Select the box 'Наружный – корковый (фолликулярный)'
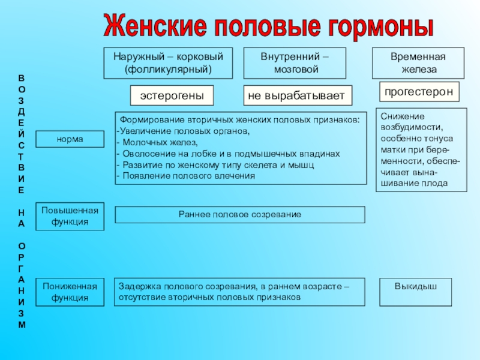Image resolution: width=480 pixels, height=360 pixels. [x=168, y=63]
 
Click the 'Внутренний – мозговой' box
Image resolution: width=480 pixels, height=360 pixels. [x=295, y=63]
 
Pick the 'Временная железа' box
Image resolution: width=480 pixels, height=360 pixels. [x=418, y=63]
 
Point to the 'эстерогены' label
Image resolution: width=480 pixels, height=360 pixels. [x=172, y=95]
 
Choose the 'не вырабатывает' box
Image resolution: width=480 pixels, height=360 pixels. [x=298, y=95]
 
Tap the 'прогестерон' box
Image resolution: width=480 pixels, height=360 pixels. [x=420, y=92]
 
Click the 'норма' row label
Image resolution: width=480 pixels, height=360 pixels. [x=70, y=139]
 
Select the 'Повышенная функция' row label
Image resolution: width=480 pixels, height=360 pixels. [x=70, y=216]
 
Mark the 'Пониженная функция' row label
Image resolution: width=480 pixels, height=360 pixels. [x=70, y=292]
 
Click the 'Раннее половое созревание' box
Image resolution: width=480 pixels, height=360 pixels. [x=239, y=214]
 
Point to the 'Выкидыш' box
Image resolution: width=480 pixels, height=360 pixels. [x=415, y=287]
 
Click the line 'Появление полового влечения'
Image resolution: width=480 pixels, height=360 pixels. [x=187, y=176]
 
